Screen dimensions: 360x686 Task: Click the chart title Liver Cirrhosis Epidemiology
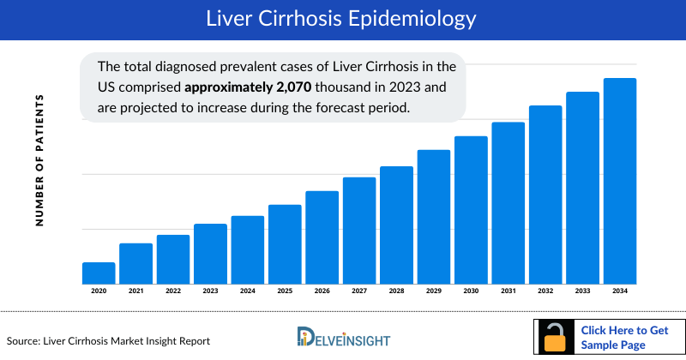pyautogui.click(x=343, y=18)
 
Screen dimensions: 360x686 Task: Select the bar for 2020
pyautogui.click(x=99, y=273)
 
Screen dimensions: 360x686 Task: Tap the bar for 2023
pyautogui.click(x=210, y=254)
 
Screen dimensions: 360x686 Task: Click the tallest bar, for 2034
pyautogui.click(x=620, y=181)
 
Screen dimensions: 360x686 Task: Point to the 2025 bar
pyautogui.click(x=285, y=244)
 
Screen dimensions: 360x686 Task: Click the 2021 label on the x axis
pyautogui.click(x=135, y=292)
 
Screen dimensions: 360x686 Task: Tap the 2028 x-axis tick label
pyautogui.click(x=396, y=292)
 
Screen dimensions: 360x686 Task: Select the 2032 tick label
pyautogui.click(x=545, y=292)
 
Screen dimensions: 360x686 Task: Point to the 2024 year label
pyautogui.click(x=247, y=292)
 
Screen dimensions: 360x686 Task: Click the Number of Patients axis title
pyautogui.click(x=39, y=160)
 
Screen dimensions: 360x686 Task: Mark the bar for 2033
pyautogui.click(x=582, y=188)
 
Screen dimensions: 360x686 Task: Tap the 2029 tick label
pyautogui.click(x=434, y=292)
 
